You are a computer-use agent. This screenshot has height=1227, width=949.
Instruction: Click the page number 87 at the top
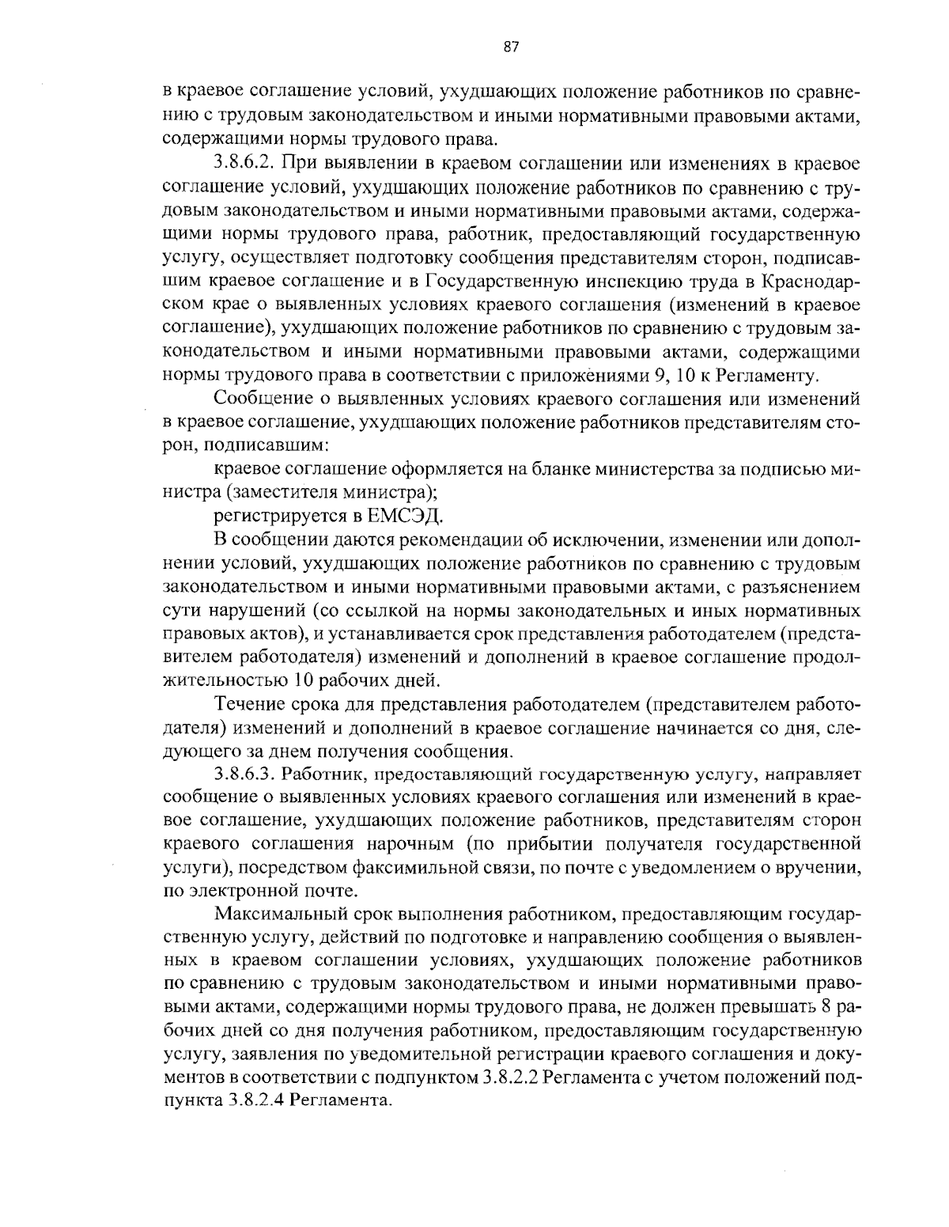510,47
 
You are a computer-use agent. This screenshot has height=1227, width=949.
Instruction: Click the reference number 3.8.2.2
510,1077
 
